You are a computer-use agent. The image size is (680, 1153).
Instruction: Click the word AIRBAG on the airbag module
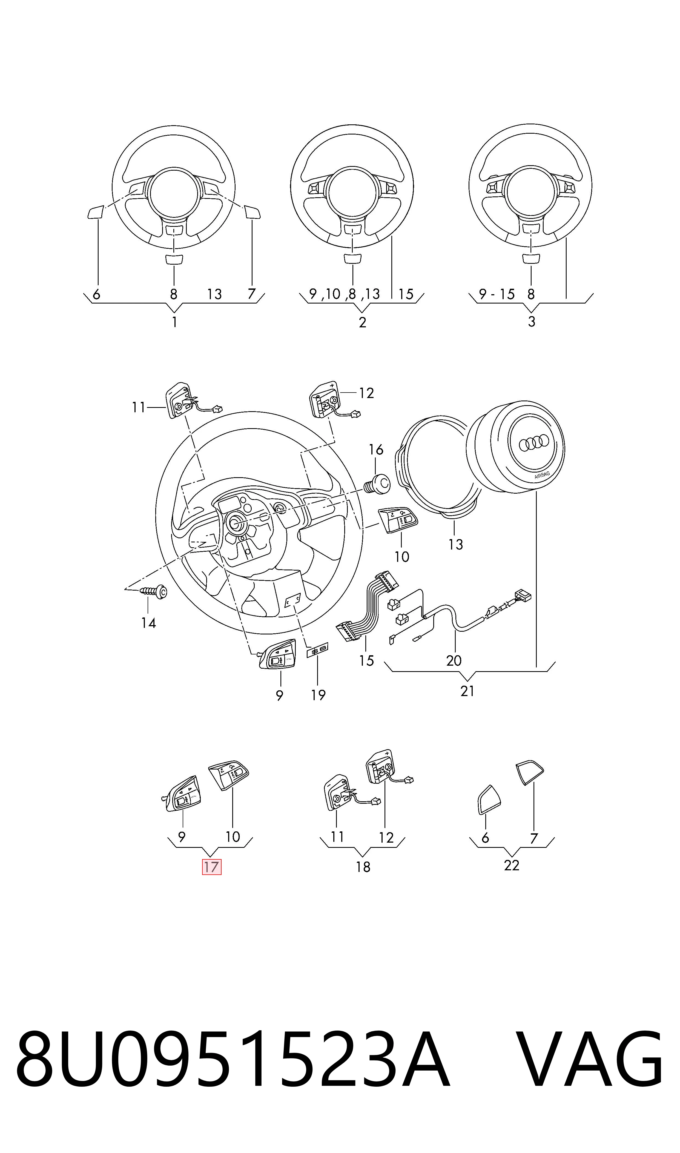pyautogui.click(x=542, y=475)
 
